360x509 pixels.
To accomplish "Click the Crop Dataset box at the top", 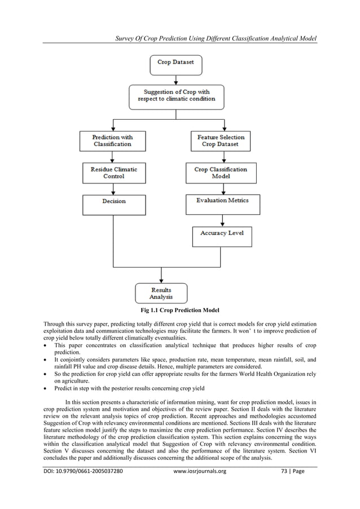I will coord(175,63).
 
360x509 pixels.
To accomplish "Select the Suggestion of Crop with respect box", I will coord(176,95).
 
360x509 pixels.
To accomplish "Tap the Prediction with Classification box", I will coord(113,141).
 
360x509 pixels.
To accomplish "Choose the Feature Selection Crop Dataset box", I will coord(221,141).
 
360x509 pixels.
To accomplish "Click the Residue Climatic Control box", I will coord(113,173).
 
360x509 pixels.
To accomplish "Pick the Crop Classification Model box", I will coord(221,173).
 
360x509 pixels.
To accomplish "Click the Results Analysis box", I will coord(161,293).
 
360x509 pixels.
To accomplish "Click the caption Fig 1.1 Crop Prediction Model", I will coord(179,310).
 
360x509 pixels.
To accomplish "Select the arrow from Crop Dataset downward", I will coord(175,80).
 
